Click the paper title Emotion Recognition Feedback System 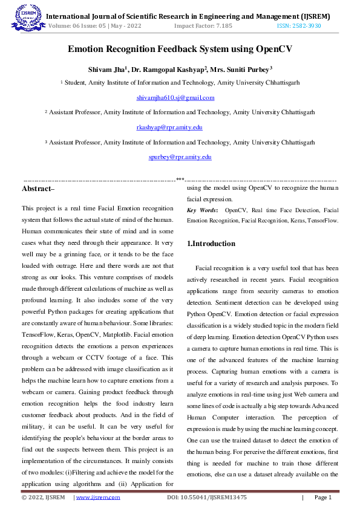click(x=180, y=50)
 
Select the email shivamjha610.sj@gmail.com click(x=175, y=97)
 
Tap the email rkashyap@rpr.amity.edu click(x=169, y=128)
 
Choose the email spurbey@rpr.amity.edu click(x=180, y=157)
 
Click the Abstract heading click(x=38, y=189)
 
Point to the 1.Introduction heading click(x=211, y=244)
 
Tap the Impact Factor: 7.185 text click(x=203, y=27)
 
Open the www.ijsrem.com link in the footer click(x=97, y=498)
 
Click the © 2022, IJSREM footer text click(x=43, y=498)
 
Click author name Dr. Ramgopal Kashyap click(x=169, y=70)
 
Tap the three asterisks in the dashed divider click(x=180, y=180)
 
